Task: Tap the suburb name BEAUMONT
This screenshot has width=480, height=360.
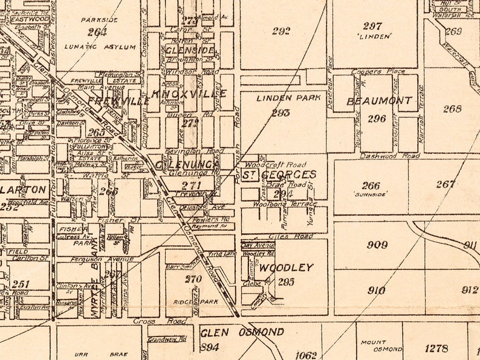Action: (380, 101)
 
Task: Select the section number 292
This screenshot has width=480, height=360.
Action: (281, 31)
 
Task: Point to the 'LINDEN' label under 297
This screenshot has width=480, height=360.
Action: (373, 37)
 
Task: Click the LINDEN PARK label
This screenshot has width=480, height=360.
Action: (282, 98)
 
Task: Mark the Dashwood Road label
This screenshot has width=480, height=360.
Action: (390, 156)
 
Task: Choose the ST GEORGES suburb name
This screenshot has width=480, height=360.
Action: (279, 175)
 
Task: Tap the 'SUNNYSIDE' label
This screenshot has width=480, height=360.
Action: (371, 194)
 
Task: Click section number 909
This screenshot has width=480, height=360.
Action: (377, 245)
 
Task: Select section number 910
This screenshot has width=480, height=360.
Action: (376, 290)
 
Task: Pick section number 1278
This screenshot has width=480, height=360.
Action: (436, 348)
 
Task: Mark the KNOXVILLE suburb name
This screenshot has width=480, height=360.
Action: (190, 94)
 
